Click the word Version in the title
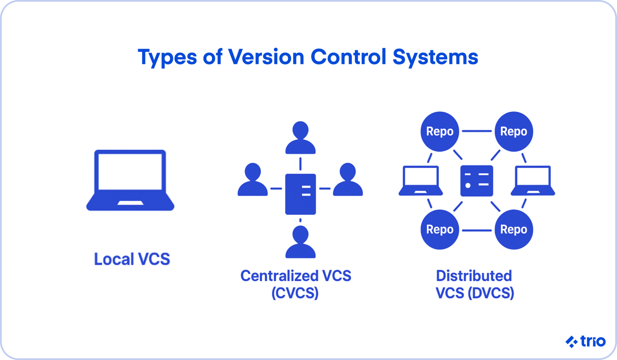(x=266, y=57)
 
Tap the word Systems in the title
(x=435, y=57)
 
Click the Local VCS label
(x=132, y=259)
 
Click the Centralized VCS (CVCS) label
(x=296, y=284)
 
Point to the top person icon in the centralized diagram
(x=300, y=138)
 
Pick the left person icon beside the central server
(x=252, y=180)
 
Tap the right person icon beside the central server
(x=348, y=180)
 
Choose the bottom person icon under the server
(x=300, y=242)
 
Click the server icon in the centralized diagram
(x=300, y=194)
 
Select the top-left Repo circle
(x=440, y=131)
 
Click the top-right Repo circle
(x=514, y=131)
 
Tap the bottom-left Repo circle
(x=440, y=230)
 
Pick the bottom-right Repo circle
(x=514, y=230)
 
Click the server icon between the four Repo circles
(x=477, y=181)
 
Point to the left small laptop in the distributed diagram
(x=421, y=181)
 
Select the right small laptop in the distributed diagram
(x=533, y=181)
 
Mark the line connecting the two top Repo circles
(x=477, y=131)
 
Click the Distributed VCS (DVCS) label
(x=474, y=284)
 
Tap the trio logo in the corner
(x=586, y=341)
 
